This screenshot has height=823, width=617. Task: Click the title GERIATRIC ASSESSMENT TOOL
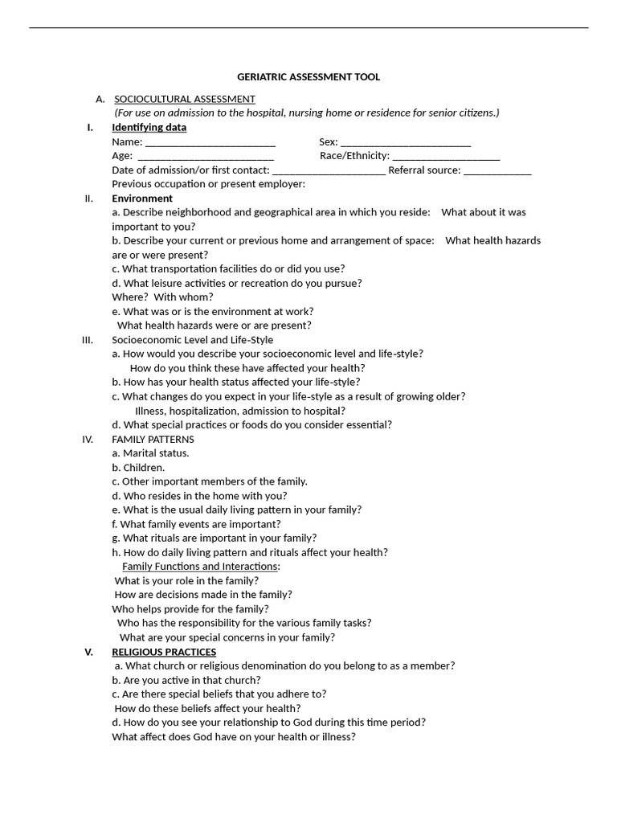click(308, 77)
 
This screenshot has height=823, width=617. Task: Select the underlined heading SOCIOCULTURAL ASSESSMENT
click(185, 99)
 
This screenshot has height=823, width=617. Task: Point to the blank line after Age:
click(206, 156)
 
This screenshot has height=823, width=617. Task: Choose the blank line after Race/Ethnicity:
click(446, 156)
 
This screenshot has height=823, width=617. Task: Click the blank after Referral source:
click(497, 170)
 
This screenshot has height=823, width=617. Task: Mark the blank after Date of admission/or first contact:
click(329, 170)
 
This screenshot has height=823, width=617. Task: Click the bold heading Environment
click(142, 199)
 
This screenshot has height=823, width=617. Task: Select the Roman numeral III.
click(88, 340)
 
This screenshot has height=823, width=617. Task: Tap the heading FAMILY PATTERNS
click(153, 440)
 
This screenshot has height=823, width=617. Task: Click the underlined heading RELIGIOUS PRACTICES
click(164, 652)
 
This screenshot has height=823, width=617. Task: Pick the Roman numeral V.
click(89, 652)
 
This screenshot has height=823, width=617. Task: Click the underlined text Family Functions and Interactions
click(201, 567)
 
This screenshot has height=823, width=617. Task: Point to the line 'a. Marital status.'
click(151, 453)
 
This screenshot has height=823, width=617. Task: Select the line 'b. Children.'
click(138, 468)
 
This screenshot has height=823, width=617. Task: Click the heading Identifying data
click(149, 128)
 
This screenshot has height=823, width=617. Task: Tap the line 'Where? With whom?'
click(162, 297)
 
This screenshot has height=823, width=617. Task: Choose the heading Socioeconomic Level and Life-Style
click(193, 340)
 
